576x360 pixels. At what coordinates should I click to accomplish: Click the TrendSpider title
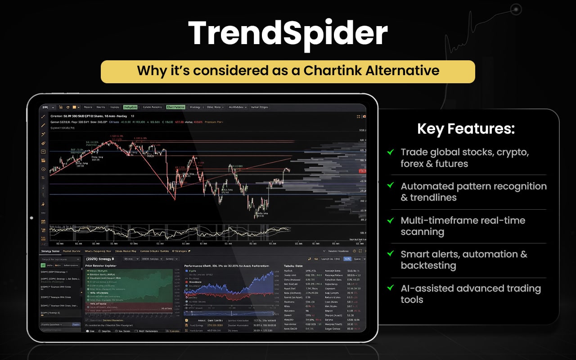288,33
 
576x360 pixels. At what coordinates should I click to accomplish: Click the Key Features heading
466,129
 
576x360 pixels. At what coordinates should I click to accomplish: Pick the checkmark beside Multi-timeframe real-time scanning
391,220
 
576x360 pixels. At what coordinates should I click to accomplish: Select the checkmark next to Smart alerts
391,254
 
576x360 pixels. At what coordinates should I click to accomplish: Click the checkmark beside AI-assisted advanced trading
391,288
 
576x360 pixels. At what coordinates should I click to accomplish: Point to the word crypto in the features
513,152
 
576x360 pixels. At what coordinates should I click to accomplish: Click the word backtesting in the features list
428,265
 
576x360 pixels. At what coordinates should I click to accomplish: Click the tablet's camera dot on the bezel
31,218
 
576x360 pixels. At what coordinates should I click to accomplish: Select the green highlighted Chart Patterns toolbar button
175,107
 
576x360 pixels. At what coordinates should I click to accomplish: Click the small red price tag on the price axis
362,171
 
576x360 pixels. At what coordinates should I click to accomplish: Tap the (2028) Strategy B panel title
100,259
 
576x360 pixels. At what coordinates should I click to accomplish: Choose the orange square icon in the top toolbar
75,107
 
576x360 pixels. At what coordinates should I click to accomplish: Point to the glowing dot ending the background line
516,9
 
